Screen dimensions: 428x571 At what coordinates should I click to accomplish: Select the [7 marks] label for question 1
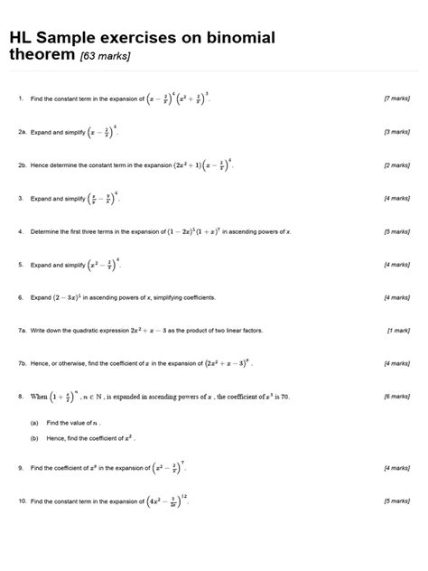[397, 98]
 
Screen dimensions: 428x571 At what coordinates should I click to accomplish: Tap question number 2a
[23, 132]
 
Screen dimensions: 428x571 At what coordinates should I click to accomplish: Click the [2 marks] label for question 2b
[397, 165]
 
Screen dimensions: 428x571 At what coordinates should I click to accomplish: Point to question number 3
[20, 198]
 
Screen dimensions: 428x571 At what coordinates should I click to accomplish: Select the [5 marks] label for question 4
[397, 231]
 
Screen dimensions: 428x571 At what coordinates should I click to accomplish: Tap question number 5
[20, 265]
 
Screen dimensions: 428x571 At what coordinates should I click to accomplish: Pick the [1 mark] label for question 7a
[399, 331]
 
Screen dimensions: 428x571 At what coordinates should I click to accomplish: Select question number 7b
[23, 363]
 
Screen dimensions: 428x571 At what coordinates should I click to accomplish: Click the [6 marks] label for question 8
[397, 397]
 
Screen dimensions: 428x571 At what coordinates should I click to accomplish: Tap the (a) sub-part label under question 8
[34, 422]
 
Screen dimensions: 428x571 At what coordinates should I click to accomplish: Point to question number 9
[20, 468]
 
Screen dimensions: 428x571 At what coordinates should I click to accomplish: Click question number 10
[22, 501]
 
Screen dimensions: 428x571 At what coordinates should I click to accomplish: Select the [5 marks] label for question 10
[397, 501]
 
